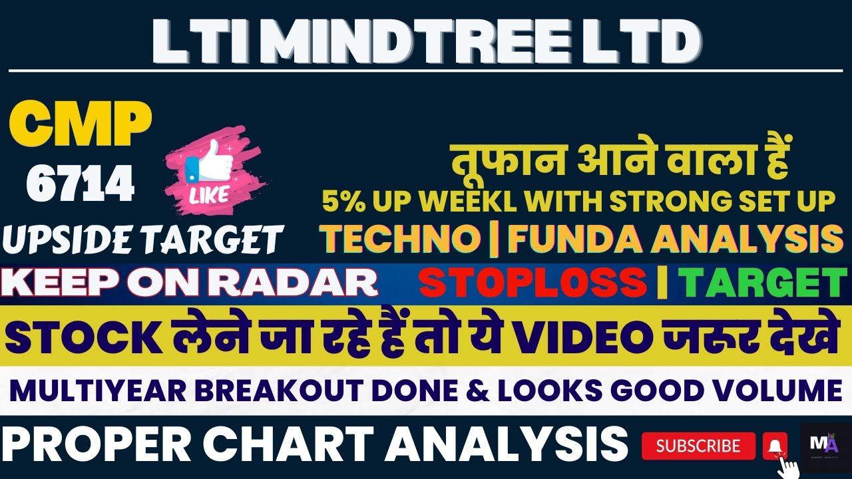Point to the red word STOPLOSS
[x=532, y=283]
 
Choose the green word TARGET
[x=762, y=283]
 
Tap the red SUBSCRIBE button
[x=698, y=446]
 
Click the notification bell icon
[x=774, y=445]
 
